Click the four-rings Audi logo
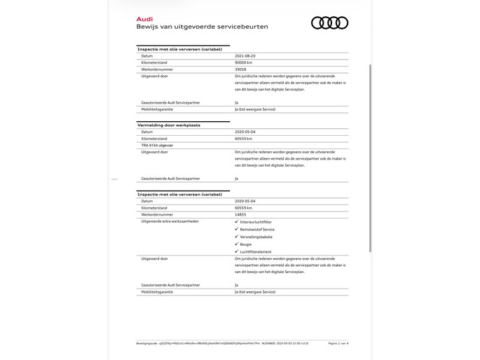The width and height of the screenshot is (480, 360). pos(329,22)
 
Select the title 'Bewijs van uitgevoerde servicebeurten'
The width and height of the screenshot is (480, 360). pos(202,27)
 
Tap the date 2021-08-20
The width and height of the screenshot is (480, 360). pos(245,55)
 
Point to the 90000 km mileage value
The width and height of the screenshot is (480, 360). pos(245,62)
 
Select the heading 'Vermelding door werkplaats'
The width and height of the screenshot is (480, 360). pos(169,124)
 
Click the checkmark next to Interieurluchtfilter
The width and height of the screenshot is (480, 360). pos(236,221)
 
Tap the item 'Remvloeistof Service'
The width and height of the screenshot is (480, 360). pos(257,229)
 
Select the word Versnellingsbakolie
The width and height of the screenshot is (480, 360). pos(256,237)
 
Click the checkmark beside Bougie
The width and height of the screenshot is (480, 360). pos(236,244)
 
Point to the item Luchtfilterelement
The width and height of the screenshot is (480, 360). pos(256,251)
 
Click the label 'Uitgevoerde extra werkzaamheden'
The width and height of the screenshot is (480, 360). pos(170,221)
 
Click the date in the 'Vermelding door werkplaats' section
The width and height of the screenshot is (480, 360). pos(245,131)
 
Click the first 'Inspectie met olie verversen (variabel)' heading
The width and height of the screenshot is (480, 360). pos(179,49)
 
